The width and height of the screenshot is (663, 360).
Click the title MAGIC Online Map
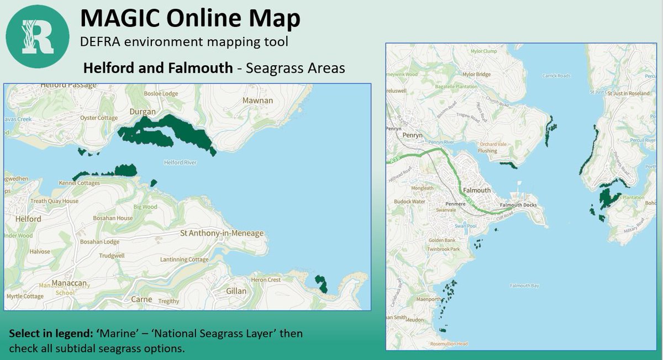190,18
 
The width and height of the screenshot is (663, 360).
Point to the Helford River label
180,163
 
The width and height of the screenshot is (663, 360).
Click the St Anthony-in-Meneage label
222,234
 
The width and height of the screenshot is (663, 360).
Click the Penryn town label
412,135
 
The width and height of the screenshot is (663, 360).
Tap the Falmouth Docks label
518,205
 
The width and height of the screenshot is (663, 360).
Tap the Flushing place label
487,151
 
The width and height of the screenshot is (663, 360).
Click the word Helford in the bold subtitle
104,68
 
